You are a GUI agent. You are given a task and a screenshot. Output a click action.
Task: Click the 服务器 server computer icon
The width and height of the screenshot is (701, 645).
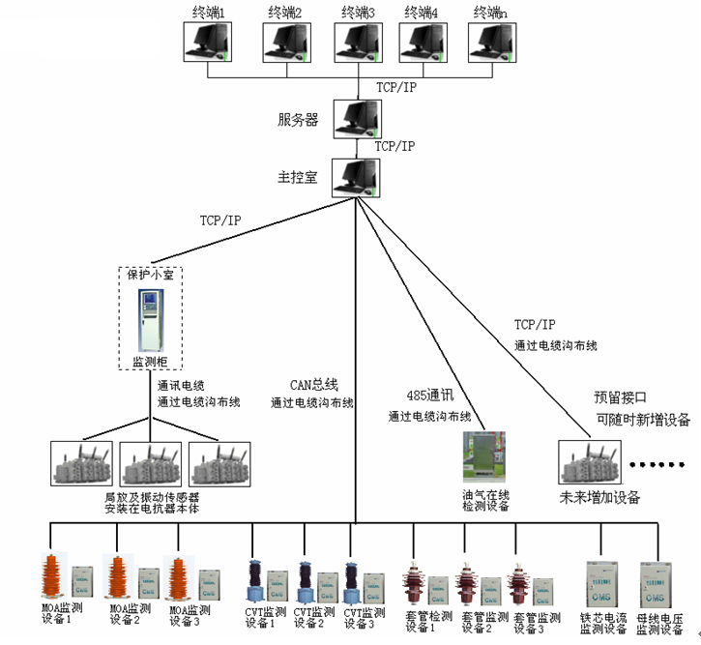[x=356, y=118]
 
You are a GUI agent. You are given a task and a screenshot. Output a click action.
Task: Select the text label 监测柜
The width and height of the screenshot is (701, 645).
[x=150, y=362]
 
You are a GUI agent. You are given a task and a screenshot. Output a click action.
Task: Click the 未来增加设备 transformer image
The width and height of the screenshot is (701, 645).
[x=589, y=463]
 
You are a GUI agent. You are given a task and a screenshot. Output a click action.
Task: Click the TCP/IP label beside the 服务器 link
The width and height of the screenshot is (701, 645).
[x=395, y=146]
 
